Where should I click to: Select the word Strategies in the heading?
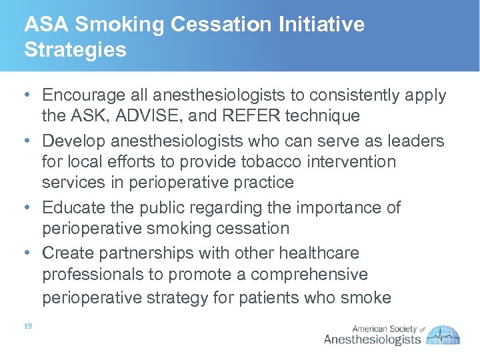pos(75,50)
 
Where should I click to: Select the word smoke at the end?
pos(365,297)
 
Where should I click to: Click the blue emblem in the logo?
pos(444,335)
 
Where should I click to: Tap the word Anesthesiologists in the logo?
pos(372,339)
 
